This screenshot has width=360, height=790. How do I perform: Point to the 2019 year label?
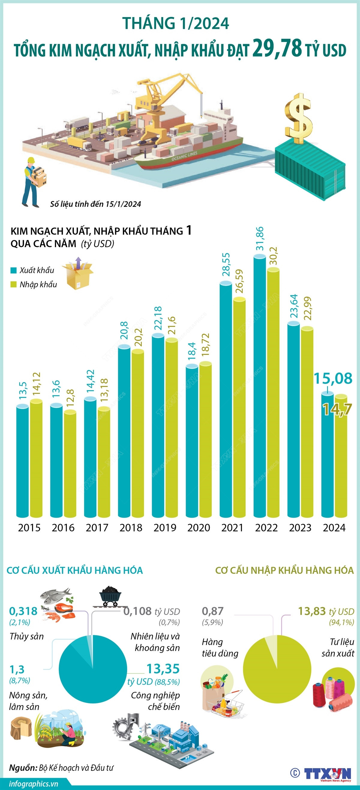pyautogui.click(x=165, y=528)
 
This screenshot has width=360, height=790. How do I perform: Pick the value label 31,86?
pyautogui.click(x=260, y=239)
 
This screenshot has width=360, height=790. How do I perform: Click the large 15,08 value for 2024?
pyautogui.click(x=333, y=378)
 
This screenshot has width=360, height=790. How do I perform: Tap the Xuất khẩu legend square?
pyautogui.click(x=13, y=270)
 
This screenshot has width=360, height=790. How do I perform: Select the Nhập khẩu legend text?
pyautogui.click(x=38, y=285)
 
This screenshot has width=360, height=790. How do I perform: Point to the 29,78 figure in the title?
pyautogui.click(x=277, y=48)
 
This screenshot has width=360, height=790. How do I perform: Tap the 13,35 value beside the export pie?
pyautogui.click(x=163, y=668)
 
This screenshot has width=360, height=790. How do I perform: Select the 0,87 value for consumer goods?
pyautogui.click(x=212, y=611)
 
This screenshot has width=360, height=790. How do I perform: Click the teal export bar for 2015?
pyautogui.click(x=23, y=460)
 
